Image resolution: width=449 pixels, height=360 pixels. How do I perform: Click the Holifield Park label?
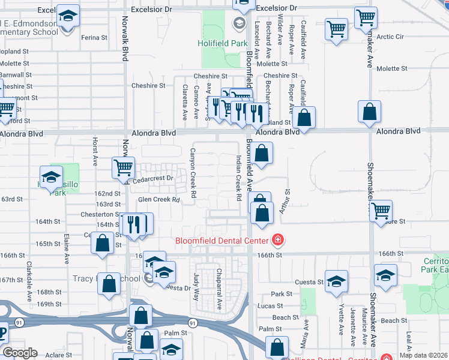point(223,43)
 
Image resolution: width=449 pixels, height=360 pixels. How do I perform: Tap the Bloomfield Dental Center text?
point(221,241)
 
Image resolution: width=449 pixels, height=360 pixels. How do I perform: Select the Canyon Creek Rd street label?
point(193,173)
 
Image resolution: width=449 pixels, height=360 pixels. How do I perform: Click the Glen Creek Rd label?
point(159,200)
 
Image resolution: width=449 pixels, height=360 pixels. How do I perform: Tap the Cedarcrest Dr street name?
point(153,178)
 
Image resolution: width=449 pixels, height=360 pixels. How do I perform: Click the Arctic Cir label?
point(390,37)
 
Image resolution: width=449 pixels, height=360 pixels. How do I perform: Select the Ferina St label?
point(94,37)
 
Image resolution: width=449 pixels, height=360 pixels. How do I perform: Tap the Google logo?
point(20,353)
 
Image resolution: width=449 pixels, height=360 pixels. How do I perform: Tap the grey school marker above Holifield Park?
point(239,24)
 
